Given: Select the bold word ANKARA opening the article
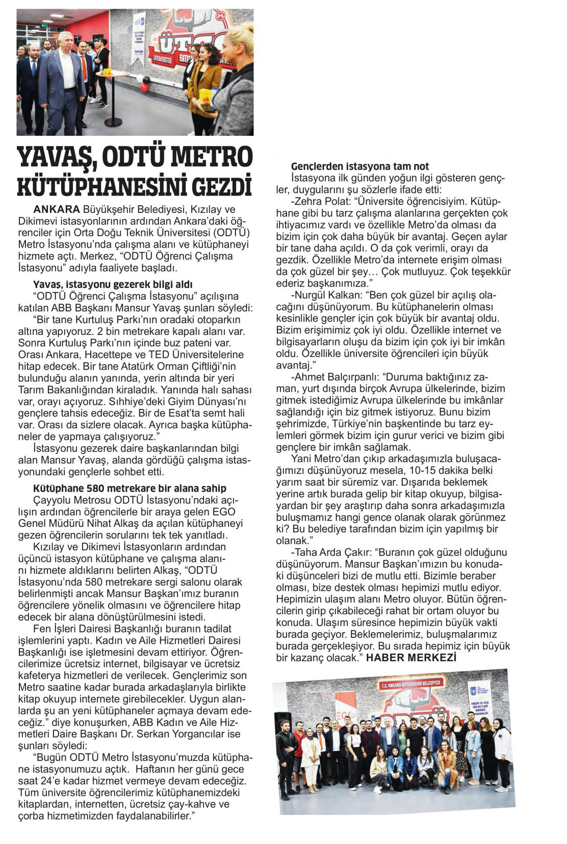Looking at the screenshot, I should [x=57, y=209].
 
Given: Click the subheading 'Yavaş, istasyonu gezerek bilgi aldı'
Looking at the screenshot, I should [x=113, y=284].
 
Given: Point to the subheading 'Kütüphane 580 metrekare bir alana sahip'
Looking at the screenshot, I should [x=130, y=488].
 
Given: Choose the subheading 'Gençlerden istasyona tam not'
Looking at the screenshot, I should [x=359, y=166].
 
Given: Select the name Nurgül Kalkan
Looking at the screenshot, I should [x=329, y=296].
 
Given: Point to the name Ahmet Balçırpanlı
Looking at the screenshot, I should [x=337, y=377].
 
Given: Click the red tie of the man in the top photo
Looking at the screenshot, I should [x=84, y=68].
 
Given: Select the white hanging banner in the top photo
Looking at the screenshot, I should [x=138, y=38].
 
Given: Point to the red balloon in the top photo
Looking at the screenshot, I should [x=144, y=87].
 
